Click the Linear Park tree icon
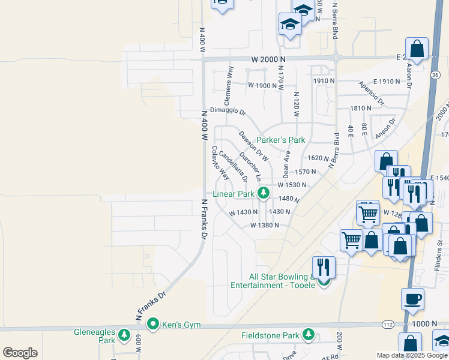pyautogui.click(x=263, y=193)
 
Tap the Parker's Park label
pyautogui.click(x=281, y=140)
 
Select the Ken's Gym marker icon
pyautogui.click(x=153, y=325)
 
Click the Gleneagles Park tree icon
pyautogui.click(x=125, y=335)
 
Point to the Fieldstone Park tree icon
pyautogui.click(x=309, y=334)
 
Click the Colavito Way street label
pyautogui.click(x=220, y=163)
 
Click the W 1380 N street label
pyautogui.click(x=265, y=225)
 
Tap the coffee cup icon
pyautogui.click(x=412, y=298)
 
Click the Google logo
pyautogui.click(x=20, y=353)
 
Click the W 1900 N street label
pyautogui.click(x=262, y=85)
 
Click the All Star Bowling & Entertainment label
pyautogui.click(x=282, y=281)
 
